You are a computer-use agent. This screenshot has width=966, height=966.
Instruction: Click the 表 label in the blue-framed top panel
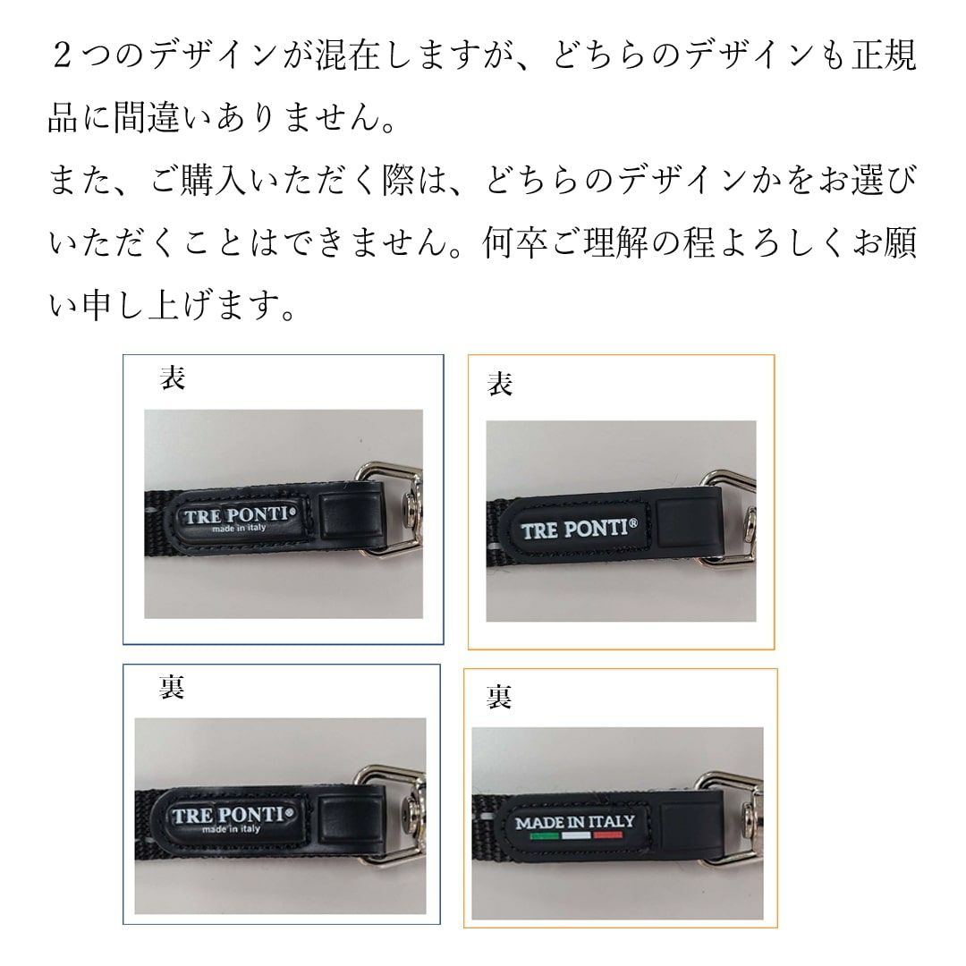point(173,377)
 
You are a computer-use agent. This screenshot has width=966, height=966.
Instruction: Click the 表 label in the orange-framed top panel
point(500,384)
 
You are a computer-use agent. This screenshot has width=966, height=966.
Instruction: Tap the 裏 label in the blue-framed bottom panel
point(172,687)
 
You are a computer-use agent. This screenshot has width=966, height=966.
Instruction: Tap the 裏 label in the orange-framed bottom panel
point(499,697)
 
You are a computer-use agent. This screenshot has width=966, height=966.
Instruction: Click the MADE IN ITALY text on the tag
point(575,822)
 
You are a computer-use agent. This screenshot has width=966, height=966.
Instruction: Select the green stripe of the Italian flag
point(545,836)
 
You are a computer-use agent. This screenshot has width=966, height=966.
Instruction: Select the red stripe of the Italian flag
point(608,836)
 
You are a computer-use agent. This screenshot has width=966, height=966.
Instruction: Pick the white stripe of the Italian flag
point(577,836)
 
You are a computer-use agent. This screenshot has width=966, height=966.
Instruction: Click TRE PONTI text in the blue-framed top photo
point(236,515)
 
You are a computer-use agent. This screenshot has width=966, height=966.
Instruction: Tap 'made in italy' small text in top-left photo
point(239,529)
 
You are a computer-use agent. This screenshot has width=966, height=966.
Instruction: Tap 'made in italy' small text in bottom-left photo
point(231,829)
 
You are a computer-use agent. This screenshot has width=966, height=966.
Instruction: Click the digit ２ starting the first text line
point(62,56)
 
